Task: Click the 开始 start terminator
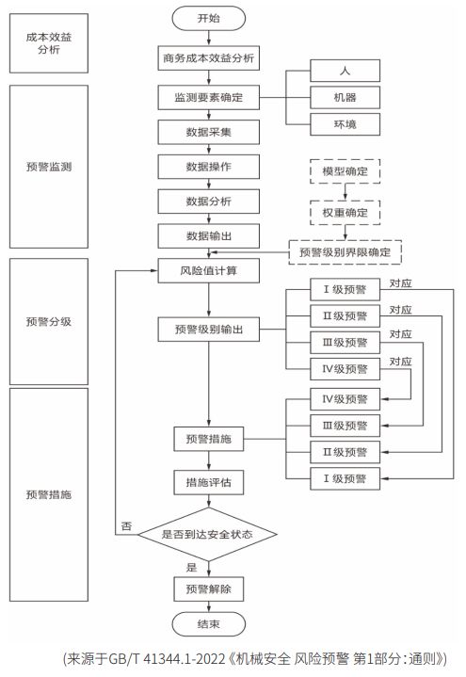click(x=209, y=18)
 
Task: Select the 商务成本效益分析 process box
click(x=209, y=56)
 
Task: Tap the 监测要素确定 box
click(x=209, y=97)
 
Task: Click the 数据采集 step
click(x=209, y=132)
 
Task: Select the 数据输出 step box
click(x=209, y=234)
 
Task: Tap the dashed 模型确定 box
click(x=345, y=173)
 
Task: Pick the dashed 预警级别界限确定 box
click(x=345, y=252)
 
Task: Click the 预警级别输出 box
click(x=209, y=330)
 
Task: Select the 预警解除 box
click(x=209, y=588)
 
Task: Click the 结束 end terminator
click(x=209, y=624)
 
